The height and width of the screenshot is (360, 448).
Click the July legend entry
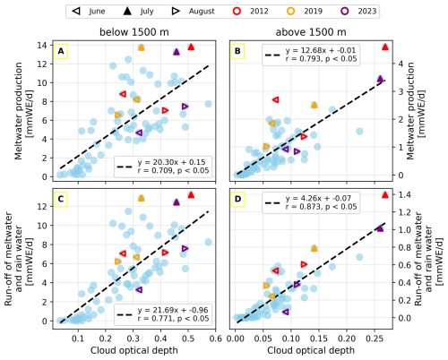[x=138, y=12]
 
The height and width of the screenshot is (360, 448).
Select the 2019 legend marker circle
[x=290, y=12]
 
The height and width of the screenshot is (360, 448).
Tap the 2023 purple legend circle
[x=345, y=12]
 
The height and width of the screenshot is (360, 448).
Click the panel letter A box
[x=61, y=51]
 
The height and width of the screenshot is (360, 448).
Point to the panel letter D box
[x=237, y=199]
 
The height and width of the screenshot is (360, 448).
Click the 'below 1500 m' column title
[x=134, y=32]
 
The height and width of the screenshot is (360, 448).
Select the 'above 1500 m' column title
[x=311, y=32]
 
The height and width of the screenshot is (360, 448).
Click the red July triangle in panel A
[x=191, y=47]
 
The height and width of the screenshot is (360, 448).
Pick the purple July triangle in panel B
[x=380, y=79]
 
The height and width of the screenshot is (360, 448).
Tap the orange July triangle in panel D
[x=314, y=248]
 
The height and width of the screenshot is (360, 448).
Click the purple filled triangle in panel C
[x=177, y=202]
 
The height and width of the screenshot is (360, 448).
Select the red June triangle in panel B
[x=276, y=99]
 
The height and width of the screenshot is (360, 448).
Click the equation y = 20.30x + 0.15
[x=171, y=162]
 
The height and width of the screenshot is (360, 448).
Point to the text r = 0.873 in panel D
[x=302, y=207]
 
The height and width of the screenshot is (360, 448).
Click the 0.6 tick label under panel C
[x=216, y=339]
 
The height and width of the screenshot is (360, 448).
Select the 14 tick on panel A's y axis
[x=42, y=45]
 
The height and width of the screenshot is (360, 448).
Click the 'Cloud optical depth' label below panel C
[x=134, y=350]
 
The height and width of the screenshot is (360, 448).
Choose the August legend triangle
[x=176, y=12]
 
